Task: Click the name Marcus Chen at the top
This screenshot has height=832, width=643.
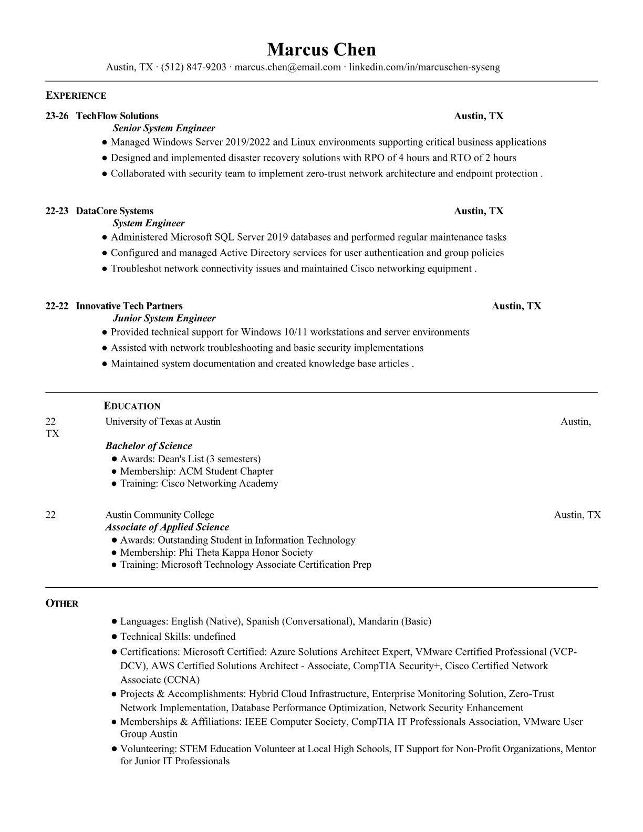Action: pos(321,49)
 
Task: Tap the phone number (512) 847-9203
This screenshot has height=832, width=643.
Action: pos(193,67)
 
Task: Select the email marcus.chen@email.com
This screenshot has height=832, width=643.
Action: pos(287,67)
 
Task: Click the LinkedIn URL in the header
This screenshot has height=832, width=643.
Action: pos(424,67)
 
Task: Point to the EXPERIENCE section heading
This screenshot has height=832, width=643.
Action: pos(76,96)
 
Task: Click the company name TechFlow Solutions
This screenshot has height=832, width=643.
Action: pos(117,116)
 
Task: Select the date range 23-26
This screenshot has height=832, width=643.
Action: pos(57,116)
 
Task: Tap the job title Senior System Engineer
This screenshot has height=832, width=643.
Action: pos(164,128)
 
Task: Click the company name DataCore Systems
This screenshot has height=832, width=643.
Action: pos(115,211)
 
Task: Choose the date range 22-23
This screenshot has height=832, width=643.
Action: pos(57,211)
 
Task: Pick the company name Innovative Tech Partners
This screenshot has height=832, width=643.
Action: pos(129,306)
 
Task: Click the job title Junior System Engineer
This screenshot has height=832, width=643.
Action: pos(164,318)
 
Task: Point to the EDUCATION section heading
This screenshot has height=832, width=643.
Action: pos(132,406)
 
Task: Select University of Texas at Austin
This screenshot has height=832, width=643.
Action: pos(163,422)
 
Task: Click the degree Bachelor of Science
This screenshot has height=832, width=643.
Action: pos(149,446)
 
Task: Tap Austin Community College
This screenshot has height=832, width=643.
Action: pos(160,515)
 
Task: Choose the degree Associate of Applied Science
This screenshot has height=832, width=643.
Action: pos(167,527)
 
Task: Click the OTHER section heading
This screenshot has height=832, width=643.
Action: pos(62,604)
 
